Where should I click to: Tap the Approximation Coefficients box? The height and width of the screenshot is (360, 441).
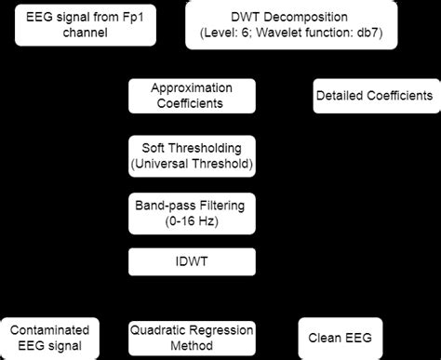click(191, 95)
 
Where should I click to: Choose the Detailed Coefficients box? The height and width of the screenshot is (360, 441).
click(373, 96)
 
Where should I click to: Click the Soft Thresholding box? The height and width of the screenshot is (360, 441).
click(191, 155)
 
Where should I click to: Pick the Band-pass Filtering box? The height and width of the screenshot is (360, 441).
click(191, 210)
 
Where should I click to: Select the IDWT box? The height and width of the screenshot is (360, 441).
click(191, 261)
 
